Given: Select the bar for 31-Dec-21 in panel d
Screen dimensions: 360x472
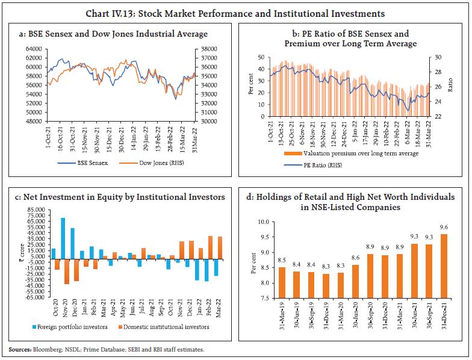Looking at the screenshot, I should (x=444, y=265).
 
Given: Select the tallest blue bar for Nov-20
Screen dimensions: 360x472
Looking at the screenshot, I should (x=63, y=237).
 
